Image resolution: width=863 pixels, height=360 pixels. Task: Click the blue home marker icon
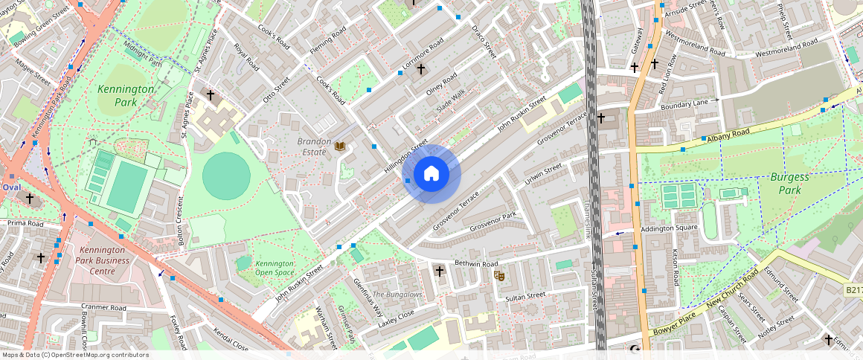point(431,175)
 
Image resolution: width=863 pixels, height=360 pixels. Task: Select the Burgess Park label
point(789,184)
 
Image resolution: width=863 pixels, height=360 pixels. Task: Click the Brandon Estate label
point(312,147)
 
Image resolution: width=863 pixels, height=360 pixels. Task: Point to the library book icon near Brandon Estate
point(341,147)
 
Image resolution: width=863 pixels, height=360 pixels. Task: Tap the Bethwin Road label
point(477,264)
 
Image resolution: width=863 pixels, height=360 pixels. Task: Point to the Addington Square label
point(669,228)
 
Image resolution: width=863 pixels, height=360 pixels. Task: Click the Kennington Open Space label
point(275,268)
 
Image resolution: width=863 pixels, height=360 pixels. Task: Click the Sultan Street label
point(525,296)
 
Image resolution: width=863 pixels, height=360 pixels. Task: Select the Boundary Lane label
point(684,104)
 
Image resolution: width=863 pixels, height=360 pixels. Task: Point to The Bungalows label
point(397,295)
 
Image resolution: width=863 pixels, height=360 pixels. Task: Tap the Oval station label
point(11,187)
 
